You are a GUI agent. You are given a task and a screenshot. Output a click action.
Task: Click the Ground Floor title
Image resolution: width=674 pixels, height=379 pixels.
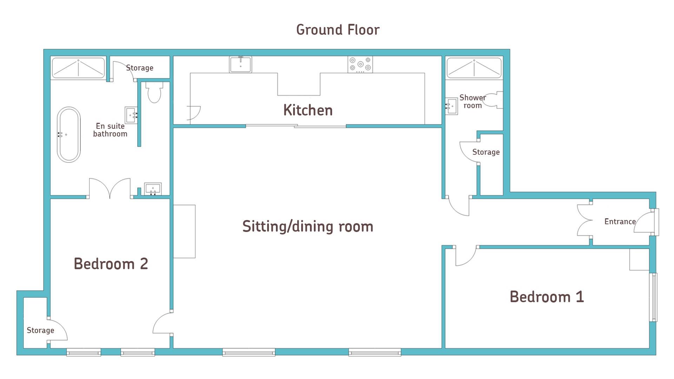[x=338, y=30]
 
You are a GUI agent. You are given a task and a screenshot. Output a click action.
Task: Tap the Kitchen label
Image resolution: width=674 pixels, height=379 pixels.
[x=308, y=110]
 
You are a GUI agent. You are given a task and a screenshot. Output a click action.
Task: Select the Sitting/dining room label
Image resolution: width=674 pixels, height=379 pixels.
[x=308, y=226]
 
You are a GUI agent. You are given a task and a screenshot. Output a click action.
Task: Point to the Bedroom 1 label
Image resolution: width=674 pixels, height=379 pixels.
[x=547, y=297]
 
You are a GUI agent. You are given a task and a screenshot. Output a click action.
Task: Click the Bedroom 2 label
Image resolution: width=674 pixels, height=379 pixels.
[x=111, y=264]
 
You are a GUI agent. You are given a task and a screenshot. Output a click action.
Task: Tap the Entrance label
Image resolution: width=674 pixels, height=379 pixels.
[x=620, y=221]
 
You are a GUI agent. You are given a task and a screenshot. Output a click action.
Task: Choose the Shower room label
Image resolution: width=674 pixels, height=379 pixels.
[x=473, y=101]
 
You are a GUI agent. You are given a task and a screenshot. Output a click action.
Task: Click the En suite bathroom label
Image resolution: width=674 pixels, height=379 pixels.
[x=110, y=130]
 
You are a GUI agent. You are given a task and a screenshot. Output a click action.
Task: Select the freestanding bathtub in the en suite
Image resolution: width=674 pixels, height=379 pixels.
[x=69, y=135]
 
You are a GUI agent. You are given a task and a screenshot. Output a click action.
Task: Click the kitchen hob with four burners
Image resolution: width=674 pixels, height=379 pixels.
[x=360, y=65]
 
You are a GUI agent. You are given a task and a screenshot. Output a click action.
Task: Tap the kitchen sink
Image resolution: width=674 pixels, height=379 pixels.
[x=240, y=64]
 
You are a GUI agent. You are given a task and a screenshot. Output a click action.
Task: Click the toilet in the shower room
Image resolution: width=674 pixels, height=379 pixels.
[x=494, y=100]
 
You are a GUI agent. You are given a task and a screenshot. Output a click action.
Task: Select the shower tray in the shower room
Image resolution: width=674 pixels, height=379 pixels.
[x=474, y=68]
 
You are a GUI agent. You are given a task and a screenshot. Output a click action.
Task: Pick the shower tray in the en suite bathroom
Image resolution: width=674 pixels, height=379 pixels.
[x=78, y=68]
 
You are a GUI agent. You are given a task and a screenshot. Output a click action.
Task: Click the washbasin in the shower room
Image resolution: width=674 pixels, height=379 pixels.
[x=451, y=106]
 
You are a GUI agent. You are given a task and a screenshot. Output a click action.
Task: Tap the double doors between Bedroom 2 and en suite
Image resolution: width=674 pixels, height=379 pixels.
[x=110, y=188]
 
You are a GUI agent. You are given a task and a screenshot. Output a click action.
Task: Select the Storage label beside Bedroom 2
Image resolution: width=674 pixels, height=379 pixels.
[x=40, y=331]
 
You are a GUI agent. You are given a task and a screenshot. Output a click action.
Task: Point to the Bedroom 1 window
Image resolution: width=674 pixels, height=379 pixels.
[x=654, y=297]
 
